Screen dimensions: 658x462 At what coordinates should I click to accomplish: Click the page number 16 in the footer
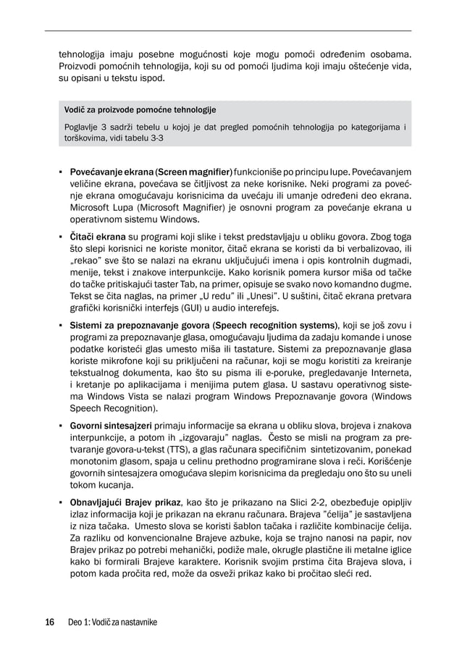pos(49,622)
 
